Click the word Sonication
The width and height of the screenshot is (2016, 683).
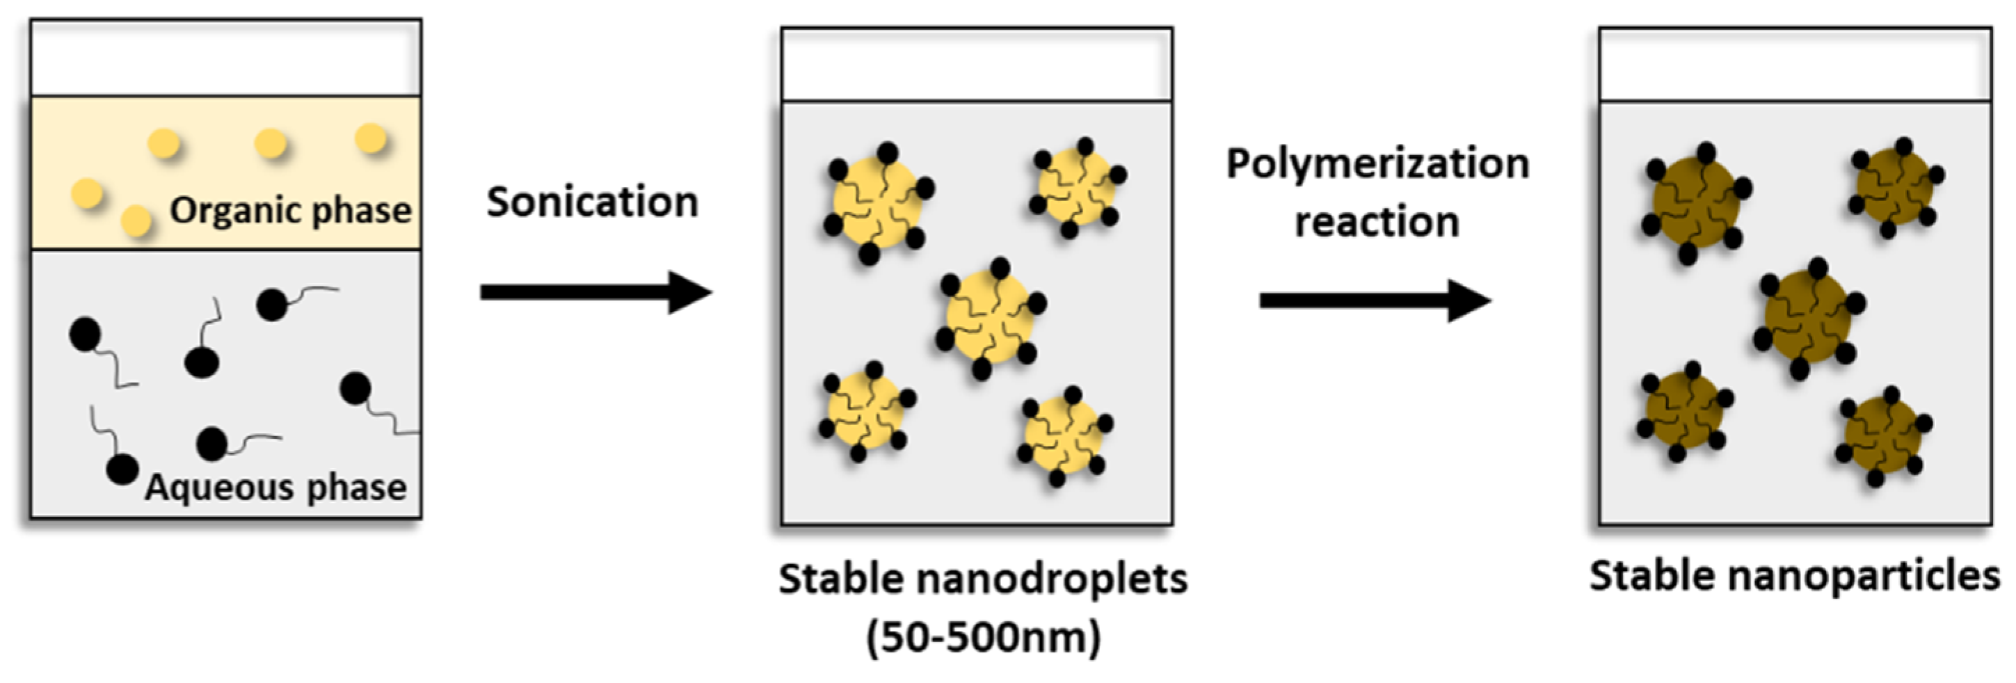(x=593, y=202)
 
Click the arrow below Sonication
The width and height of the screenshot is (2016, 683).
(x=596, y=293)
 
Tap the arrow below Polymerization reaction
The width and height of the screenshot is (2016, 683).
(x=1375, y=300)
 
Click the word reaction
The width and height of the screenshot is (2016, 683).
(x=1377, y=222)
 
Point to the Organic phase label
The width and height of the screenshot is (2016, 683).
(x=291, y=211)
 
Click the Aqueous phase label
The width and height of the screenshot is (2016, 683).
(x=276, y=488)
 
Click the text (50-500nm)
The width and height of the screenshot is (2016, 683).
(x=984, y=638)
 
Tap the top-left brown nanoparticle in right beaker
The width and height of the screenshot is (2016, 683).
(x=1695, y=202)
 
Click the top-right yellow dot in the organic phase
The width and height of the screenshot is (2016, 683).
(x=371, y=139)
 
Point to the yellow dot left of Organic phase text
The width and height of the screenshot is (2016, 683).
(x=137, y=220)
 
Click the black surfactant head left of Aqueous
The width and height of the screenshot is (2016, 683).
(x=122, y=469)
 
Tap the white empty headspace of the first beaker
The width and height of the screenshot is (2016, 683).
(x=225, y=58)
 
